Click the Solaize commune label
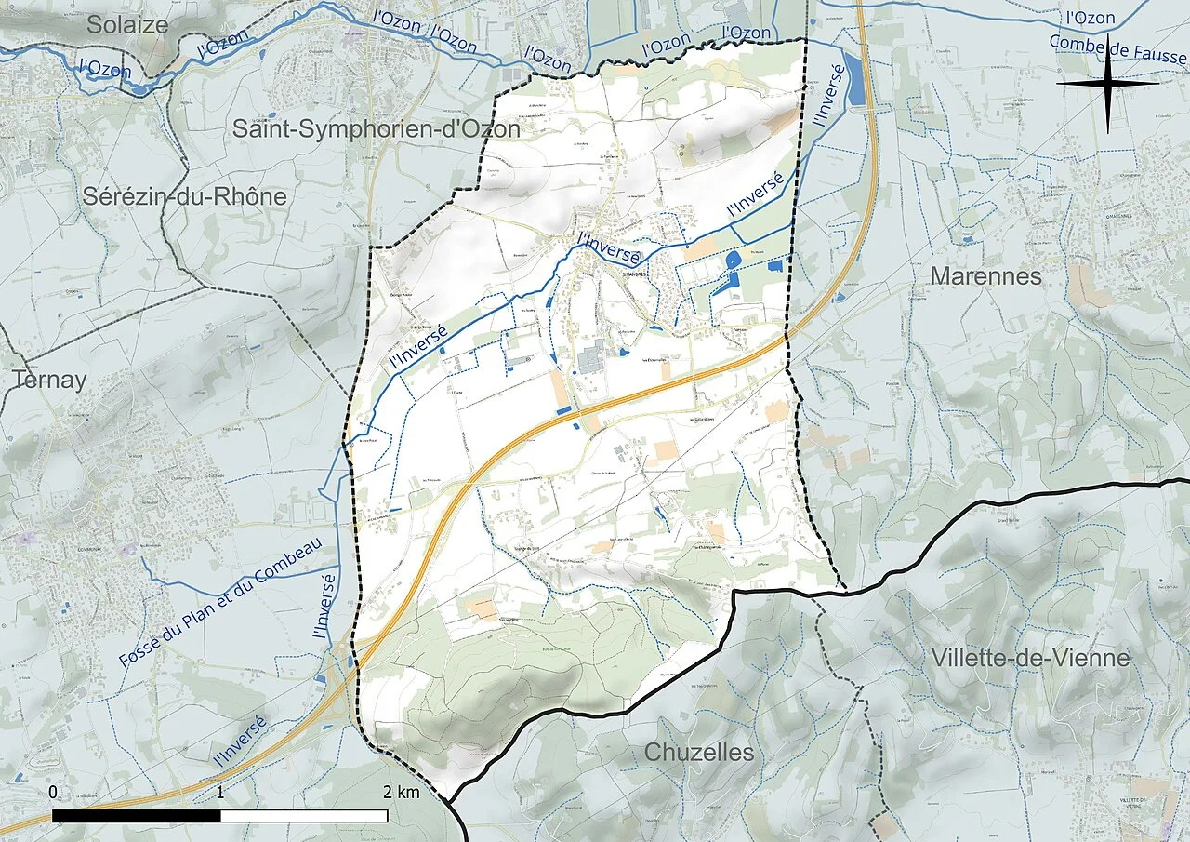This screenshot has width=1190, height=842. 127,25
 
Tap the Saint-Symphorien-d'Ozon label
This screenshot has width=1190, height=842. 376,128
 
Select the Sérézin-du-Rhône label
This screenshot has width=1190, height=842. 184,196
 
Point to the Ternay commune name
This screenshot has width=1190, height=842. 49,380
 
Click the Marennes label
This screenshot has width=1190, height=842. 985,276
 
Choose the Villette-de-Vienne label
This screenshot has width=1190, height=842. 1030,659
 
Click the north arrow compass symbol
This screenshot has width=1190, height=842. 1107,84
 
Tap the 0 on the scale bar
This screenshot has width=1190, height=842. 53,792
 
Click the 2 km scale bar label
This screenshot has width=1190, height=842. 402,792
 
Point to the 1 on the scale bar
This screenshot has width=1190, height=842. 220,792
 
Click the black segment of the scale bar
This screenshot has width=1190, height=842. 137,816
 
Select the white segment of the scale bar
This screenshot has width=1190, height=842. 304,816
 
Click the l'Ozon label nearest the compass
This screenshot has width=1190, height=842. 1091,18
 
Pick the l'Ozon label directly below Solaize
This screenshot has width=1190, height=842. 103,68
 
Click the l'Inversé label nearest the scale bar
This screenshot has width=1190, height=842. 241,742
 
